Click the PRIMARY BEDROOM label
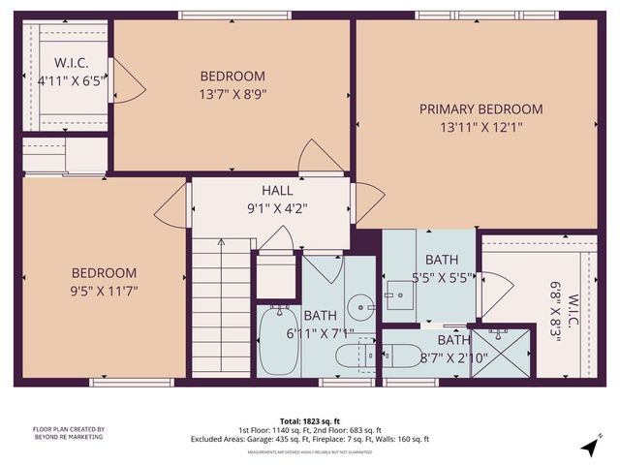click(x=480, y=109)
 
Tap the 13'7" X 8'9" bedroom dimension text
click(x=232, y=95)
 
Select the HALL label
click(x=277, y=190)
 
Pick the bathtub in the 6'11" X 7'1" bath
click(x=278, y=341)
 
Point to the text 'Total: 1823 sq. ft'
click(x=310, y=421)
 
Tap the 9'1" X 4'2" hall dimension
click(x=277, y=206)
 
